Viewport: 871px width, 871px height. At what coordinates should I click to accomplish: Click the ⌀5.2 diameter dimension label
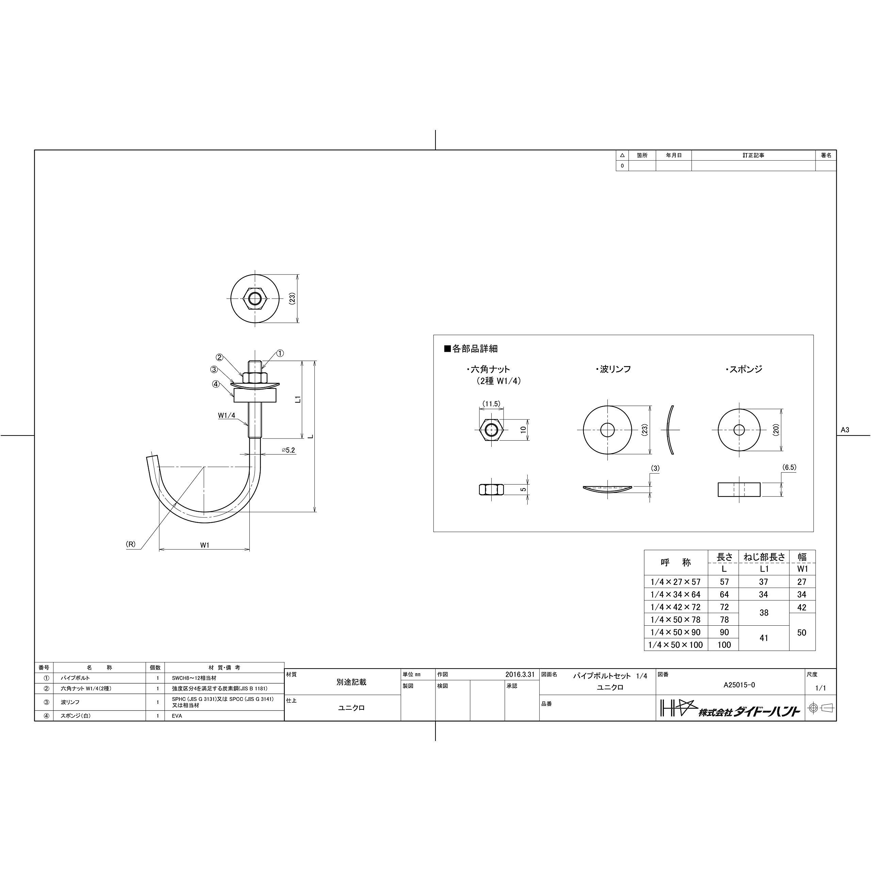[x=288, y=450]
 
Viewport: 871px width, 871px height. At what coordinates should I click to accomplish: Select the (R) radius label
[x=130, y=544]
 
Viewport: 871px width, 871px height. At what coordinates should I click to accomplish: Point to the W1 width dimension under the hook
[x=205, y=545]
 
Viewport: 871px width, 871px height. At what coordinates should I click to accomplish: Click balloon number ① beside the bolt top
[x=280, y=354]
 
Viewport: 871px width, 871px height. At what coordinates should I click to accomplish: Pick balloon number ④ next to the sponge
[x=216, y=384]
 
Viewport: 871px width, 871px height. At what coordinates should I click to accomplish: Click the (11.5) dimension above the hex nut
[x=491, y=404]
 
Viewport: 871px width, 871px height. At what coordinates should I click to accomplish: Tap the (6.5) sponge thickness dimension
[x=789, y=467]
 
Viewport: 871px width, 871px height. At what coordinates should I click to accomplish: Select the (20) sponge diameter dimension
[x=775, y=430]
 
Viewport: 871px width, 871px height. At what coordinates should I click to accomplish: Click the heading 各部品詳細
[x=471, y=348]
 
